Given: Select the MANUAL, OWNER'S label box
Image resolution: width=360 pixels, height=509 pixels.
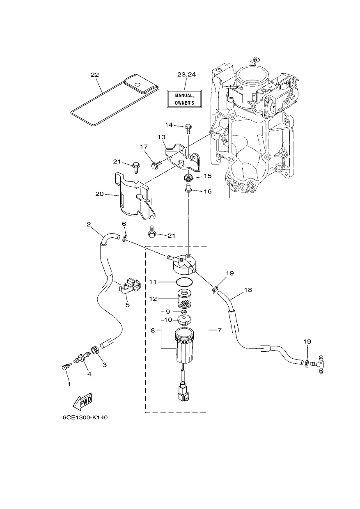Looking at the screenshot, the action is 184,99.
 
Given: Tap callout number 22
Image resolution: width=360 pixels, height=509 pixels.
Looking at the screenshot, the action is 95,75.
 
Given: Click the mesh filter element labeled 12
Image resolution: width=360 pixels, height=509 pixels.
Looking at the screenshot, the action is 185,298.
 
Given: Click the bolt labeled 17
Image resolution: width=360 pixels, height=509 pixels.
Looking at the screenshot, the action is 157,165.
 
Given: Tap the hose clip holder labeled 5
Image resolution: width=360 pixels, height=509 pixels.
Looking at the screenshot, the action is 130,284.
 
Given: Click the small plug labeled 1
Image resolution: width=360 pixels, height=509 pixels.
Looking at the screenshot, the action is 66,367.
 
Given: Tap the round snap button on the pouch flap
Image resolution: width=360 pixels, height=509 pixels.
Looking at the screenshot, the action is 137,85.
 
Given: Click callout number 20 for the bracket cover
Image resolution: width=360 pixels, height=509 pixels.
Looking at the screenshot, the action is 99,194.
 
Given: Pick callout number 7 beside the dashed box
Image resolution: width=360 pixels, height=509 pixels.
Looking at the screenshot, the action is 219,330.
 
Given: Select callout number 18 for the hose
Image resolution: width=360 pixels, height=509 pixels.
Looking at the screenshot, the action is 248,290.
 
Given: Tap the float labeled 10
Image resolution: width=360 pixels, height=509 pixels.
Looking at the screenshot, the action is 184,320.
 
